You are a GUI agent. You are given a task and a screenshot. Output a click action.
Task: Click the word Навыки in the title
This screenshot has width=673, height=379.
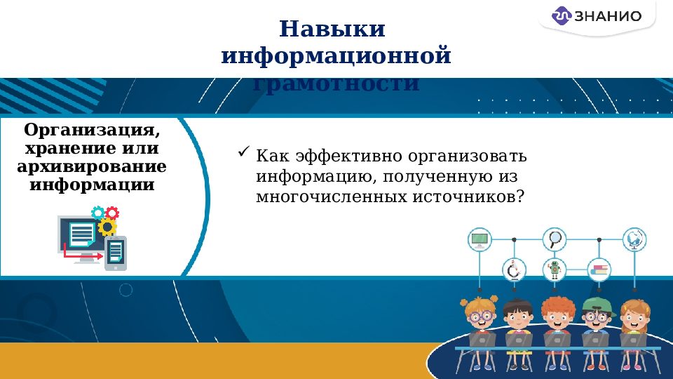[x=332, y=29]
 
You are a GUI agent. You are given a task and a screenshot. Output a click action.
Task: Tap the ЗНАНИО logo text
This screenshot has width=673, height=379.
[x=607, y=16]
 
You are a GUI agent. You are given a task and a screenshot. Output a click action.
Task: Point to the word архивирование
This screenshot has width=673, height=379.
[x=91, y=167]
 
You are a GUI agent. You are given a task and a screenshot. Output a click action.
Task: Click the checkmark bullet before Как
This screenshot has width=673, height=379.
[x=244, y=152]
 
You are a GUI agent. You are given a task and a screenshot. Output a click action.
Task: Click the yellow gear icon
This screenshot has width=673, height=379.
[x=107, y=226]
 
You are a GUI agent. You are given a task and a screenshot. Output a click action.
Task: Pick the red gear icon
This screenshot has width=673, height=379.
[x=112, y=213]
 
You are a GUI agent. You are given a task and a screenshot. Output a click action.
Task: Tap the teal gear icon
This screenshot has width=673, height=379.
[x=98, y=212]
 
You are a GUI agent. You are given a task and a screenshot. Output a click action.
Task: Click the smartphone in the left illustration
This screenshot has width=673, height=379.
[x=116, y=253]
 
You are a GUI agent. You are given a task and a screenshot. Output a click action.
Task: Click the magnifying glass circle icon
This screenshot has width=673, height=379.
[x=555, y=239]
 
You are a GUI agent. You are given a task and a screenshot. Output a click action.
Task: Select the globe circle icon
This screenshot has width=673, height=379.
[x=635, y=239]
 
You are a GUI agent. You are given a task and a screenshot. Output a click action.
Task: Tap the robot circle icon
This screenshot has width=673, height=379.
[x=555, y=269]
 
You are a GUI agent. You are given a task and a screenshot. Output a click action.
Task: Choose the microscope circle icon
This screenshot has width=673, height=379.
[x=514, y=269]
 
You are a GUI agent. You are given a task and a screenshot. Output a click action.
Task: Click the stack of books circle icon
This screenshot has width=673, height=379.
[x=599, y=269]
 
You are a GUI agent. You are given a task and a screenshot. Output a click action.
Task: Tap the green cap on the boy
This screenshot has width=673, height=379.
[x=595, y=303]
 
